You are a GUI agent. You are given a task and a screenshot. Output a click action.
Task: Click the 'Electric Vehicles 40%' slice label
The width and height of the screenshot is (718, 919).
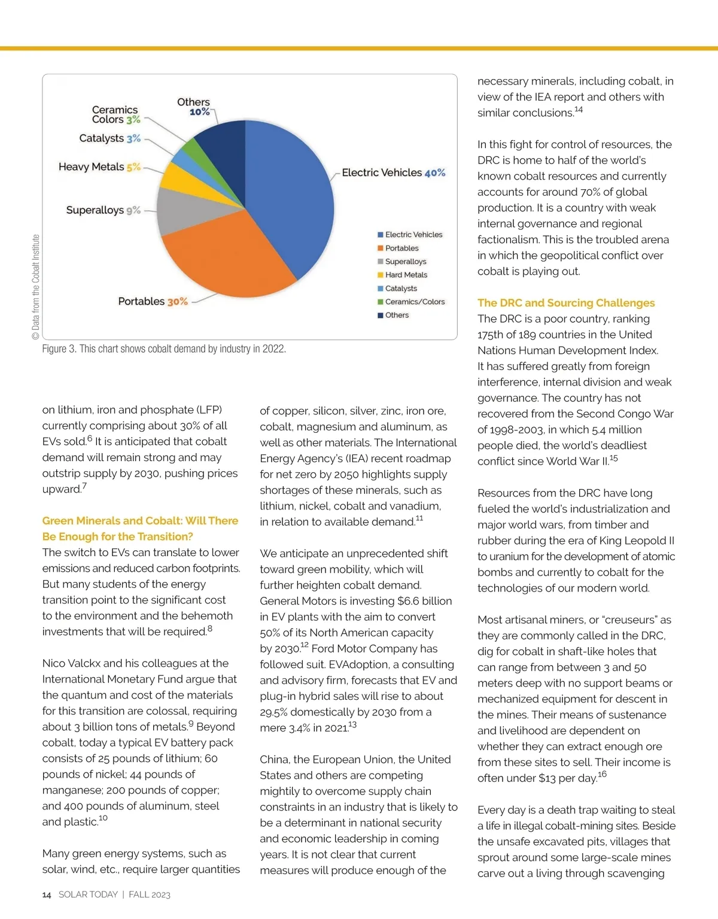[393, 172]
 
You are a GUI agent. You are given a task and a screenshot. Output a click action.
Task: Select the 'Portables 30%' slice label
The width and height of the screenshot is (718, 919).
[153, 301]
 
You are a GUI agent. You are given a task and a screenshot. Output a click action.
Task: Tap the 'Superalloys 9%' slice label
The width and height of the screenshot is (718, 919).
[103, 210]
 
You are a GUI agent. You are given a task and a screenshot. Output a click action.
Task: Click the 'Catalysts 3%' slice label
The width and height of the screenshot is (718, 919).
[109, 138]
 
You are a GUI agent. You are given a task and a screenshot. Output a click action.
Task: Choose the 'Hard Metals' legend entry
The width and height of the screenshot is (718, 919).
[406, 275]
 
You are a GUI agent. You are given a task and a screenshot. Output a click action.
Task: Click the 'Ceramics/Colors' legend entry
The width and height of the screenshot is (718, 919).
[414, 302]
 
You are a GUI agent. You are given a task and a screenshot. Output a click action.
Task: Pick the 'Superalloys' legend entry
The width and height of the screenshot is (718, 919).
[405, 262]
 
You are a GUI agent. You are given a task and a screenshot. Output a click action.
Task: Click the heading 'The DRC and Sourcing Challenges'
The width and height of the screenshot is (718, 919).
[566, 303]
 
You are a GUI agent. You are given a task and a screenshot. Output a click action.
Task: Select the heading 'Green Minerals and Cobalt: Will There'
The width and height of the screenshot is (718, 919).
[140, 521]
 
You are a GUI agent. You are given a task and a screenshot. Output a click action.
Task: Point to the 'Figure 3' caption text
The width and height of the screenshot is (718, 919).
[163, 348]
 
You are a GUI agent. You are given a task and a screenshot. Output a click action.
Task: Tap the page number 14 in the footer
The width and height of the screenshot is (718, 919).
[47, 894]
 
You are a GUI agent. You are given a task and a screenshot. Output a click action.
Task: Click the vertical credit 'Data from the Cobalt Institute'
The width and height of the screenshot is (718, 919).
[35, 287]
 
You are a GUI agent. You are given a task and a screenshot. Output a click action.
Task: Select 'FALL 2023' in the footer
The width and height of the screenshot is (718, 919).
[150, 894]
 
